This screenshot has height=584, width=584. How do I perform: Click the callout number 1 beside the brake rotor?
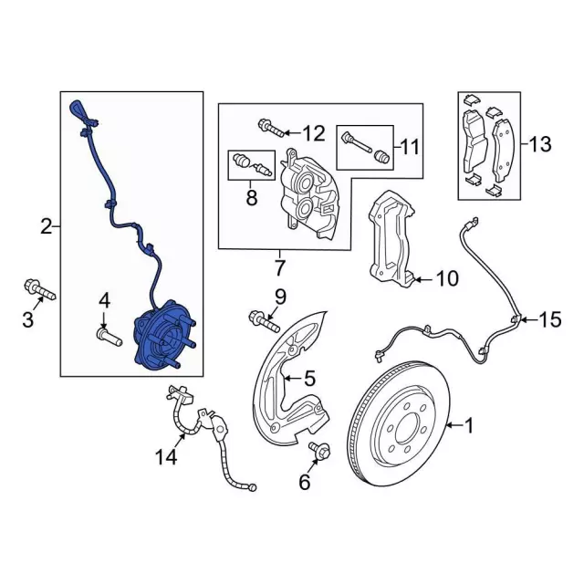(x=469, y=424)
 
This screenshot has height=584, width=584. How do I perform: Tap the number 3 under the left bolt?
(x=27, y=318)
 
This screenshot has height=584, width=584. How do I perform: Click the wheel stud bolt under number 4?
(x=106, y=338)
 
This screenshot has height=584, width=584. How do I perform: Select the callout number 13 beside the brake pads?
(x=540, y=143)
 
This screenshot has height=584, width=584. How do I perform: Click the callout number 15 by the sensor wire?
(x=551, y=319)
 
